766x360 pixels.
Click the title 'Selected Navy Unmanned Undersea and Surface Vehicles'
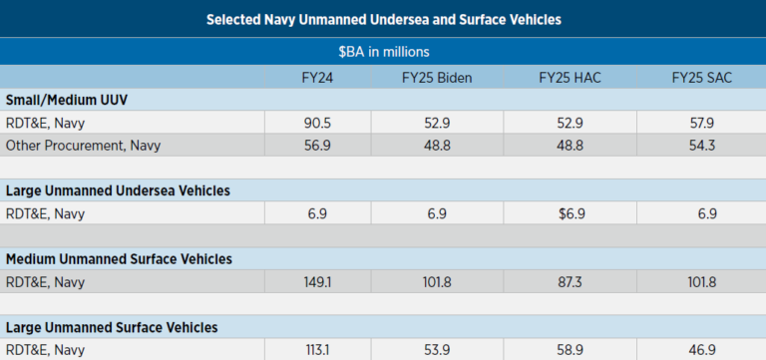(383, 19)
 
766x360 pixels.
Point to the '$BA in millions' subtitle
(383, 51)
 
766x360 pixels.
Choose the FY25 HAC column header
(564, 78)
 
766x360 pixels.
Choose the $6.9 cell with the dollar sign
(564, 213)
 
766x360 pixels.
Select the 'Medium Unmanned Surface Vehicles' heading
(119, 259)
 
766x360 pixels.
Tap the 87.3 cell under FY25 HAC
(564, 282)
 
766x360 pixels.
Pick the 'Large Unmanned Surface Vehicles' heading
(112, 327)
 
